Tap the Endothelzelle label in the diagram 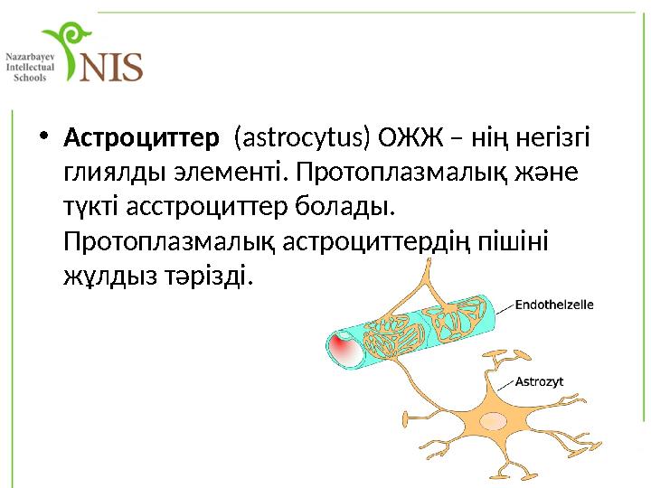[x=554, y=305]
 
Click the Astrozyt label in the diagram [x=539, y=381]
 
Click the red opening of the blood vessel [x=341, y=347]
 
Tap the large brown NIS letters [x=112, y=65]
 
